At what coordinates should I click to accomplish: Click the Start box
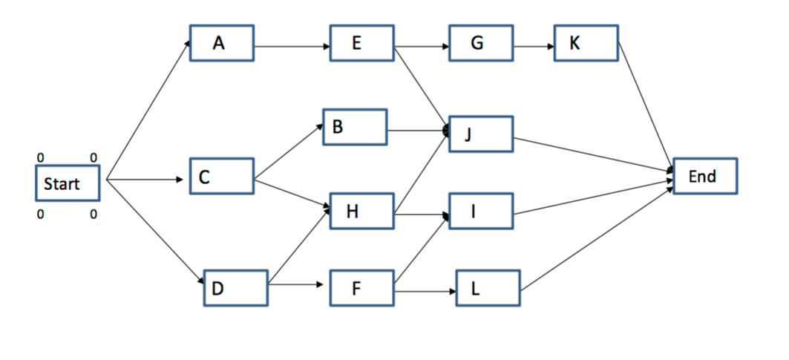[68, 183]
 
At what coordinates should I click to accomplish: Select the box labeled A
[222, 44]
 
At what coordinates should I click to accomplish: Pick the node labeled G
[481, 44]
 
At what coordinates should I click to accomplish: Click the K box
[586, 44]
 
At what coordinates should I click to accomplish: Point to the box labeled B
[355, 128]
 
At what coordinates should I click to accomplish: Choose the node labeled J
[480, 134]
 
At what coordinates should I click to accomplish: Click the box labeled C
[222, 177]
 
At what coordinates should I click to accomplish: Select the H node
[362, 212]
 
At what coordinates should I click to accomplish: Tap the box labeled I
[480, 212]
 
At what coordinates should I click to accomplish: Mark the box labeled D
[236, 288]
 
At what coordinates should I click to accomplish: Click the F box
[362, 288]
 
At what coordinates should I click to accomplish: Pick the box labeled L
[488, 288]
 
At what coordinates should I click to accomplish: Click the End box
[705, 177]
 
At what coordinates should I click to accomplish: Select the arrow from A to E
[292, 48]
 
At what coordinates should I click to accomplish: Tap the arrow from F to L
[425, 291]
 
